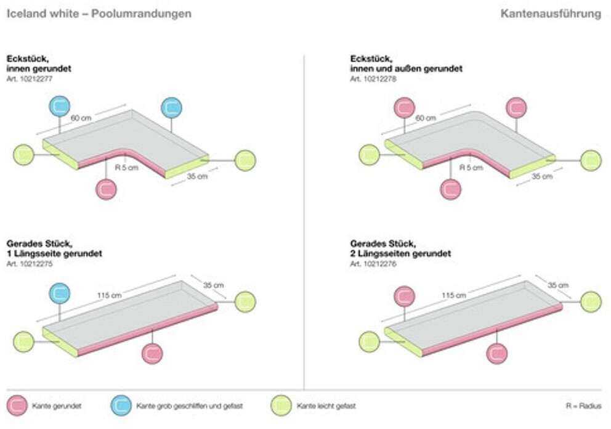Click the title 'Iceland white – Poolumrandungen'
click(99, 14)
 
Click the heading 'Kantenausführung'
click(551, 14)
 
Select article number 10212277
click(29, 79)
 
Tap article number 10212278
click(373, 79)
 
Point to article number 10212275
click(29, 263)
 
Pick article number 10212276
click(373, 263)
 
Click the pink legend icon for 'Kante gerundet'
click(18, 406)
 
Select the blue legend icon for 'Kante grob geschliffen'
click(121, 406)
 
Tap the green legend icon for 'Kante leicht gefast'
click(281, 406)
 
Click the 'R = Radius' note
click(583, 406)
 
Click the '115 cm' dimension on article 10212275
click(109, 295)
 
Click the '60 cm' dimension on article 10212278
click(426, 118)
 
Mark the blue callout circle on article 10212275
click(60, 293)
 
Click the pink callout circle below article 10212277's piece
click(107, 189)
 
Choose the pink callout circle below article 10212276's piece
click(496, 353)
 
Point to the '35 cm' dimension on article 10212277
click(198, 176)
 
